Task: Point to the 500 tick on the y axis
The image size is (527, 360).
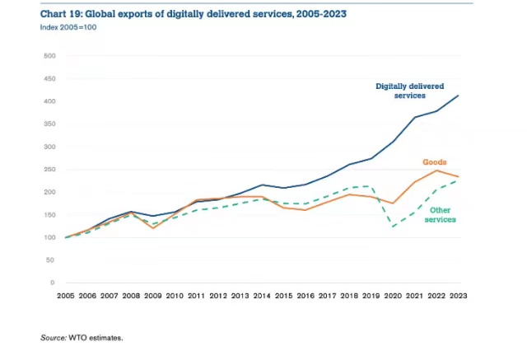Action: coord(49,56)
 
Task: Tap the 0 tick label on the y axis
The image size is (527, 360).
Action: coord(51,283)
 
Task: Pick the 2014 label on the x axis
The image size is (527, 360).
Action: coord(261,296)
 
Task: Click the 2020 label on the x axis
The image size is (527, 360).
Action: coord(394,296)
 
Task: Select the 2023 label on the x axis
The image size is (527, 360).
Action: coord(458,296)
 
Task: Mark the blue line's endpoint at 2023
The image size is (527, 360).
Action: coord(458,96)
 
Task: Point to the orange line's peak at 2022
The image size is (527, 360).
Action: coord(436,171)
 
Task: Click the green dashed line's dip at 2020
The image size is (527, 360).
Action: coord(394,227)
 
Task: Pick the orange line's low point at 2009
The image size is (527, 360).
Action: coord(153,227)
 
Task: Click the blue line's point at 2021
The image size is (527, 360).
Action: coord(415,117)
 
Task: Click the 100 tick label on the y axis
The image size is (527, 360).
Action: coord(49,237)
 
